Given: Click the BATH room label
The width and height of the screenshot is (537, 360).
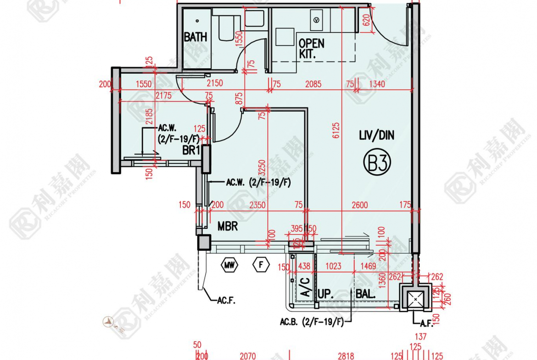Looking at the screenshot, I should tap(196, 37).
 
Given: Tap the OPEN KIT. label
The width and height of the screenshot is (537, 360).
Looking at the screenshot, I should tap(311, 48).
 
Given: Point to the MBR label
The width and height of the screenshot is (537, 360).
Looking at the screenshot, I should tap(228, 226).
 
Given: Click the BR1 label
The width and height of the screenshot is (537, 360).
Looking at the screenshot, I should tap(191, 150).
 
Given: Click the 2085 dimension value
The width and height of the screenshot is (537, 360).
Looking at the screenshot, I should tap(313, 84).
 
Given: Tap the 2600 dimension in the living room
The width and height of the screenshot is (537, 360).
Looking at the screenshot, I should tap(359, 205).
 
